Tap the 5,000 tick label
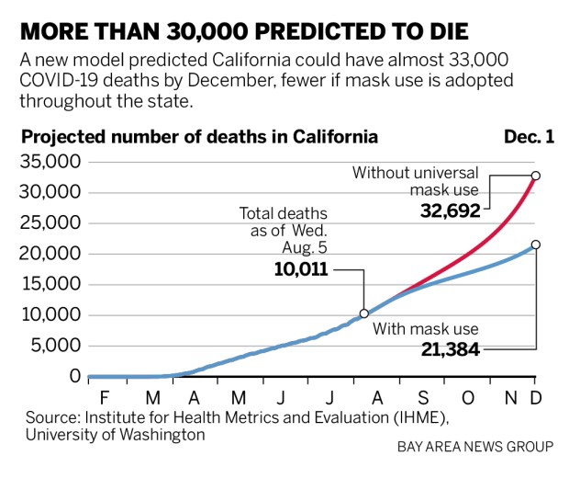(56, 346)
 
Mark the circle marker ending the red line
(536, 175)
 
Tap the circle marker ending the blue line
(536, 245)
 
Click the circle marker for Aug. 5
(364, 313)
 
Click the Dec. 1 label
(529, 138)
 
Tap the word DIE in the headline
(442, 33)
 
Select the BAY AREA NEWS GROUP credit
(475, 447)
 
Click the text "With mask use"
(425, 328)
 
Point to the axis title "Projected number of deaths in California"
(199, 138)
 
